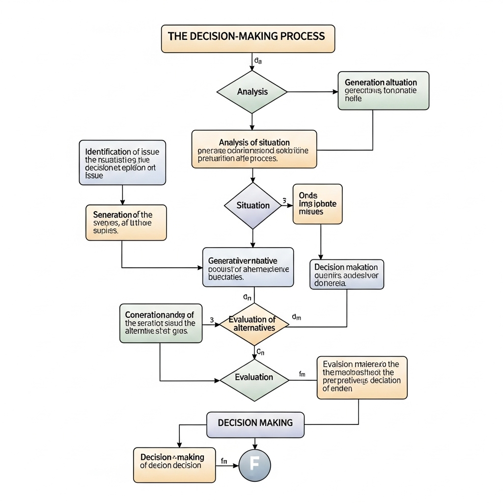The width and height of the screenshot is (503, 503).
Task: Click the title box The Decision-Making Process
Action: (248, 38)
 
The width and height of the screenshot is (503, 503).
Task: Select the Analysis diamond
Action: (252, 92)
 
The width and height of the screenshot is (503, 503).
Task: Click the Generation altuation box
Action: (383, 90)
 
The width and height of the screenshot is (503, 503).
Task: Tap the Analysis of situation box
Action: (254, 149)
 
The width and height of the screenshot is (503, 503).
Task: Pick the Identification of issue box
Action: (122, 162)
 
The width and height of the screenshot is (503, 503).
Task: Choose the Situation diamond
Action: (252, 205)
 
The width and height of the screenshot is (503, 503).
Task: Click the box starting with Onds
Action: (317, 204)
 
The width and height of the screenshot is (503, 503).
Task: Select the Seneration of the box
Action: (126, 223)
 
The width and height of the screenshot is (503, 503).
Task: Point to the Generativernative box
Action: (248, 267)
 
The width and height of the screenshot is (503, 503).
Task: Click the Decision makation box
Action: (347, 274)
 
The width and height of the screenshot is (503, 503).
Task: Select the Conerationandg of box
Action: (161, 323)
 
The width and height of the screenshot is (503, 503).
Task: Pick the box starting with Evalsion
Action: (362, 377)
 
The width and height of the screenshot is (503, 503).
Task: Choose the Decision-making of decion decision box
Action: (174, 464)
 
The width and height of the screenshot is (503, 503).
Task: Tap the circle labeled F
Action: (254, 465)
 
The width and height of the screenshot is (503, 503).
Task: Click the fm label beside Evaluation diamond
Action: (302, 374)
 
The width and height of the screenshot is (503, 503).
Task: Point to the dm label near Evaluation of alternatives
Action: (296, 317)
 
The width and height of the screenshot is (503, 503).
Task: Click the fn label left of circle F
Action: (224, 461)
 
